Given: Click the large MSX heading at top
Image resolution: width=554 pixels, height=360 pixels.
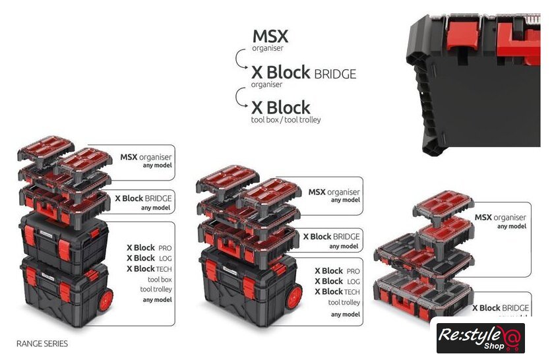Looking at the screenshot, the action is (270, 36).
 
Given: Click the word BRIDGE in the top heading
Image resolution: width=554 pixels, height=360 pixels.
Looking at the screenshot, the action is (335, 74).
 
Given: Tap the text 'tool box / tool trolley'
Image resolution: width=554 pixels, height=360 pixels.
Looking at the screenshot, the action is (286, 120).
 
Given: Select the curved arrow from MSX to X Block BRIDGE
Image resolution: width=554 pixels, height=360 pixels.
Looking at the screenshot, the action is (241, 59).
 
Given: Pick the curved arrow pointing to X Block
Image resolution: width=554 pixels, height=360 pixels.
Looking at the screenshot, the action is (241, 97).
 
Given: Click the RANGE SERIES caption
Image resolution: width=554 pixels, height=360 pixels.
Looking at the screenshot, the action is (42, 344).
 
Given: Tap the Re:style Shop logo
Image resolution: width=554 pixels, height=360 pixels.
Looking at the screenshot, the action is (481, 338).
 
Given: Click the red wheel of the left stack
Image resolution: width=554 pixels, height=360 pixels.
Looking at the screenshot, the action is (106, 300).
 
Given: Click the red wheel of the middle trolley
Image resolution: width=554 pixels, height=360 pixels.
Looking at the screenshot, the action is (294, 297).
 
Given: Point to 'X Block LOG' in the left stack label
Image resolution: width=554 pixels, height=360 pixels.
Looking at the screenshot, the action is (149, 258).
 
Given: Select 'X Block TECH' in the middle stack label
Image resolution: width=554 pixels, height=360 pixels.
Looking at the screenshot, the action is (338, 292).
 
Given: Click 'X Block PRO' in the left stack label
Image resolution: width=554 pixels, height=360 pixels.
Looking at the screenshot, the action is (149, 248).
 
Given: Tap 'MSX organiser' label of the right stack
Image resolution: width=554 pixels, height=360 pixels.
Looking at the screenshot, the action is (501, 218).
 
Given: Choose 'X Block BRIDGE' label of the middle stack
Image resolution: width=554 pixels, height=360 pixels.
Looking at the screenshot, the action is (331, 237).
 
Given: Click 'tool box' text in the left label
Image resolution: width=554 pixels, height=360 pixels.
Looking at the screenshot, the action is (160, 280).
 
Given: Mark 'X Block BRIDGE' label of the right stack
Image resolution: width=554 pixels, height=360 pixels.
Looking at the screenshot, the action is (501, 308).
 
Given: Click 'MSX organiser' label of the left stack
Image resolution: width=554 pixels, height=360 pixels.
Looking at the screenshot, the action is (146, 157).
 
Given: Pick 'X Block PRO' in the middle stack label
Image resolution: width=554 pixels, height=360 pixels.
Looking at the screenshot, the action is (338, 271).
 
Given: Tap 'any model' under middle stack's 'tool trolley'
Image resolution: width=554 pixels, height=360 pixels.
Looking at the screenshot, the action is (346, 315).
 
